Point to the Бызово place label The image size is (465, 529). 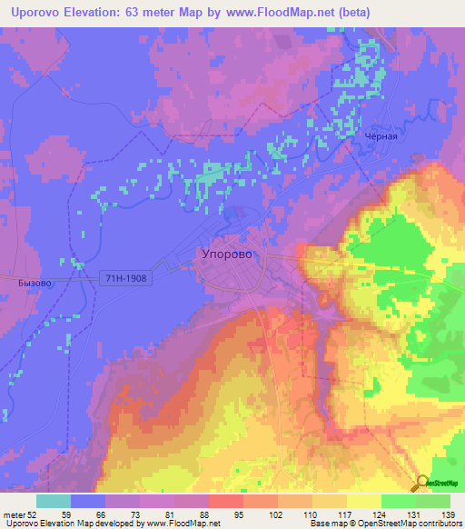pos(35,283)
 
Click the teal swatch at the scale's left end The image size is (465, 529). pos(54,501)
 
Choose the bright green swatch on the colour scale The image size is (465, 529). pos(398,501)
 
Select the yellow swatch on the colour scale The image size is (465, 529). pos(363,501)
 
